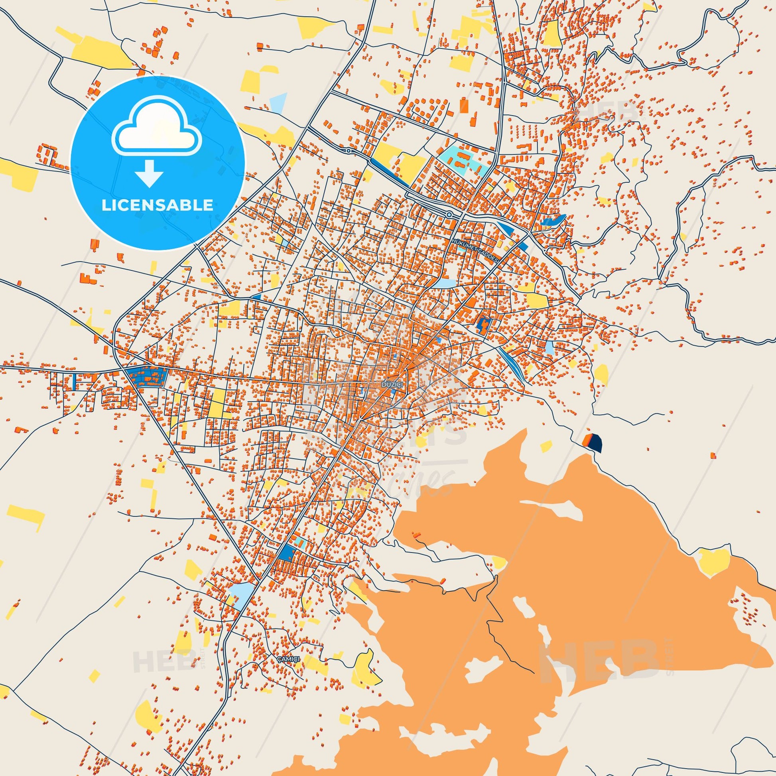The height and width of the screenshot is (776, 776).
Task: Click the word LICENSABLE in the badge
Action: click(157, 205)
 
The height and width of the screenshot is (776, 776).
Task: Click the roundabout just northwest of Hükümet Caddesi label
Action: click(450, 214)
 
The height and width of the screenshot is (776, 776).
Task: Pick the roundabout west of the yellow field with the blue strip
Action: click(348, 151)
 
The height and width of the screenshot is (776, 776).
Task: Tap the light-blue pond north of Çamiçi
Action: click(241, 593)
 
